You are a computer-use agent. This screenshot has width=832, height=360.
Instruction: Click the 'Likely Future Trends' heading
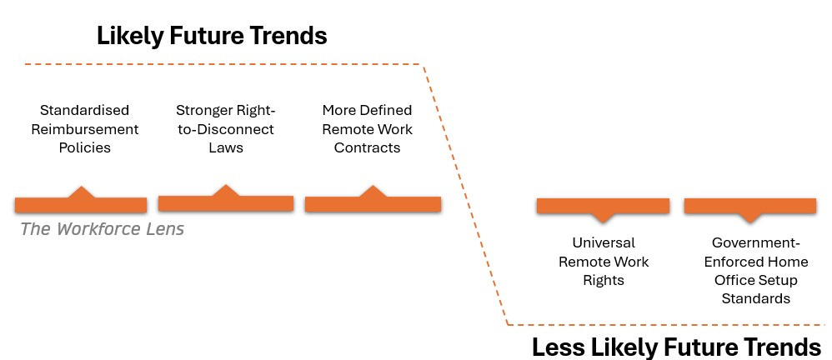point(212,36)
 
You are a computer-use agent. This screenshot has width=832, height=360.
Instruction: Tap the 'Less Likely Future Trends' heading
point(677,347)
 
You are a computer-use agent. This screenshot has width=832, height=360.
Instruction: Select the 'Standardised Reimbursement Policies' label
point(85,129)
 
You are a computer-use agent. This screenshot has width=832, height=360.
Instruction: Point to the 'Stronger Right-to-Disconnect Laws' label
point(226,129)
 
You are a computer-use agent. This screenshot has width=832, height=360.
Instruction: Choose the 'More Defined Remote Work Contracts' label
point(367,129)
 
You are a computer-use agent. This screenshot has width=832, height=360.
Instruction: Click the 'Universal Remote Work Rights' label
point(604,262)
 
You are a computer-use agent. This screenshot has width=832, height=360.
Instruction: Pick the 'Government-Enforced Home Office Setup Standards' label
point(755,270)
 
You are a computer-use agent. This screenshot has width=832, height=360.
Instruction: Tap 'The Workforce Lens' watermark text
point(103,229)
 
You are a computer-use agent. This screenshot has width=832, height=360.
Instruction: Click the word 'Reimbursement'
point(85,129)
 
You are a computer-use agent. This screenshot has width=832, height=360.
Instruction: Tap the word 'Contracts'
point(367,147)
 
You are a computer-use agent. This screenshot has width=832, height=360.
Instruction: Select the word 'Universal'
point(604,242)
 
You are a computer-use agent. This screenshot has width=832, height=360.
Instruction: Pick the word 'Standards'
point(755,298)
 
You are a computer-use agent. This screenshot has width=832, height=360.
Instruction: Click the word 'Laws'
point(226,147)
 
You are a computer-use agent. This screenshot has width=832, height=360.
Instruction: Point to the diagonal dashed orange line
point(465,194)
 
